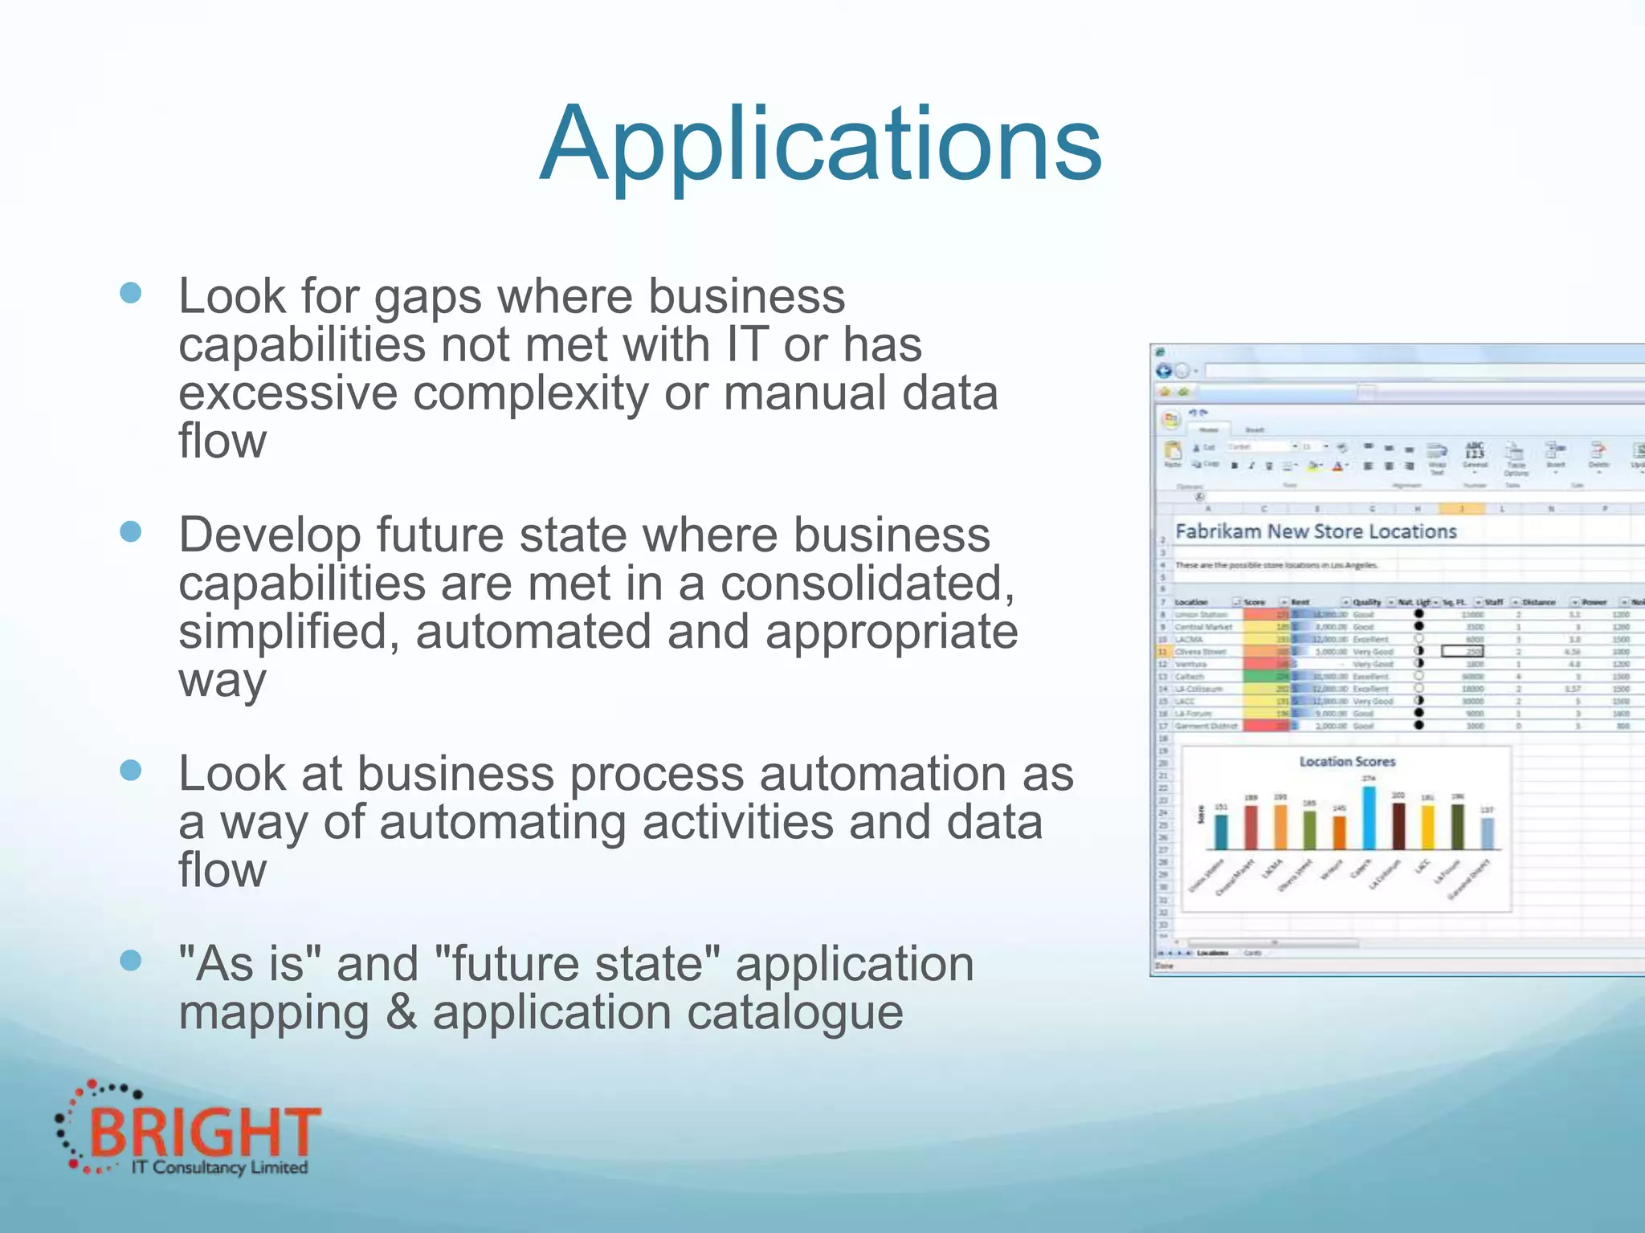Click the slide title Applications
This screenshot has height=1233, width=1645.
click(820, 144)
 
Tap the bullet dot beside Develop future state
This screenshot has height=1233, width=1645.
click(130, 531)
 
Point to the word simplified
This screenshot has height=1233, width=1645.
click(288, 633)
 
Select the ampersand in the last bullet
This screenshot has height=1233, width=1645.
click(401, 1013)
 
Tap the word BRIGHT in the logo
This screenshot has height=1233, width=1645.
click(205, 1132)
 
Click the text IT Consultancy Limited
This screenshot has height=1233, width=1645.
click(219, 1168)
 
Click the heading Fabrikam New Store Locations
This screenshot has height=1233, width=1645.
click(1315, 531)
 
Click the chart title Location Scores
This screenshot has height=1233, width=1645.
click(1347, 761)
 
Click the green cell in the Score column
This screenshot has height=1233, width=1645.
click(1267, 677)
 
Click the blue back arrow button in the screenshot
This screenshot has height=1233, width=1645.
click(1164, 371)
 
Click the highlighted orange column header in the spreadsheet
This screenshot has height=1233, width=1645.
click(1461, 509)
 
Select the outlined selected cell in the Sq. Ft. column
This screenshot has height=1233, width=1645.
click(1462, 652)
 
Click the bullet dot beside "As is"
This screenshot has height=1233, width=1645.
click(130, 960)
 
